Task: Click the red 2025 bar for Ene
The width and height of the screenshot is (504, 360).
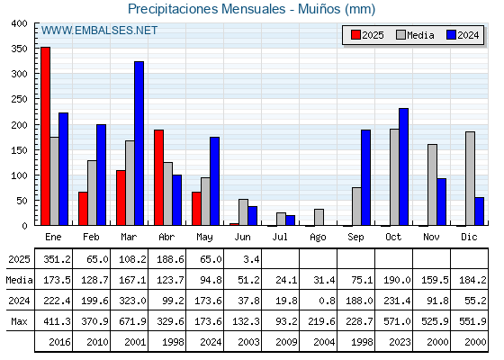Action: (45, 136)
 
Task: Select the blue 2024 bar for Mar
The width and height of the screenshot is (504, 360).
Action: (139, 143)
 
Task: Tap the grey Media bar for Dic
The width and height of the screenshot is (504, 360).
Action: (470, 178)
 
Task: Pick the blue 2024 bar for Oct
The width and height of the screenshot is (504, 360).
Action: (404, 166)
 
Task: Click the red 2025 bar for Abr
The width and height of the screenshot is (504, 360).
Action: (158, 177)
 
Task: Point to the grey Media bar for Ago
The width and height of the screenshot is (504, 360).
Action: (319, 217)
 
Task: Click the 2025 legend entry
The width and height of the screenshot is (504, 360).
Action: (367, 35)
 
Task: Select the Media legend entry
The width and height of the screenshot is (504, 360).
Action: (415, 35)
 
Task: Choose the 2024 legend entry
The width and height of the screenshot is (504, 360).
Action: (463, 35)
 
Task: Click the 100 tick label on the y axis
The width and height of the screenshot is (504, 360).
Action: (19, 175)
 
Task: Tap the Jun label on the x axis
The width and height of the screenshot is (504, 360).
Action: (242, 238)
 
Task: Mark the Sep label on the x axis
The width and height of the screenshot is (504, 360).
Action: (355, 238)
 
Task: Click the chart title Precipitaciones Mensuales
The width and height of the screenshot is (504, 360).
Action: (207, 9)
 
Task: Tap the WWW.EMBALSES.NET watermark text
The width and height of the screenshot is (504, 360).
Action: (99, 31)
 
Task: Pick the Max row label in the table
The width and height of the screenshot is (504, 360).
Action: (19, 321)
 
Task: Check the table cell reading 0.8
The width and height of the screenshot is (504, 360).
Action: (327, 301)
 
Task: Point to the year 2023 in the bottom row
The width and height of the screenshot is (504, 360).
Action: (400, 342)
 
